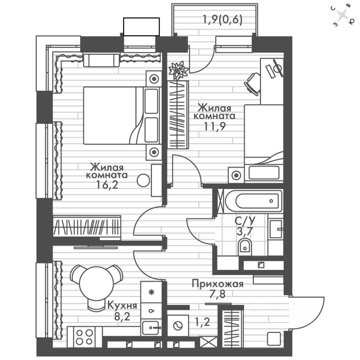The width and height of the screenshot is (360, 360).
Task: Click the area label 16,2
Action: click(x=107, y=185)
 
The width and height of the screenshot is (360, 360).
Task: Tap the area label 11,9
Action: click(x=215, y=126)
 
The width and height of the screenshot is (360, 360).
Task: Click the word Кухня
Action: click(x=121, y=305)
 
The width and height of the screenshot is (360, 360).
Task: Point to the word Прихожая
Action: click(x=217, y=284)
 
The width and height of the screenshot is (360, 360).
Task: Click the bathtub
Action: click(x=258, y=201)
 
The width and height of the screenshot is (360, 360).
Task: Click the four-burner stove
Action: click(x=84, y=336)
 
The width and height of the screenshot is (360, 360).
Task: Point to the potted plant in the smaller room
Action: click(x=178, y=70)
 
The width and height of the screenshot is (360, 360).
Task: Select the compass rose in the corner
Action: click(x=342, y=15)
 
